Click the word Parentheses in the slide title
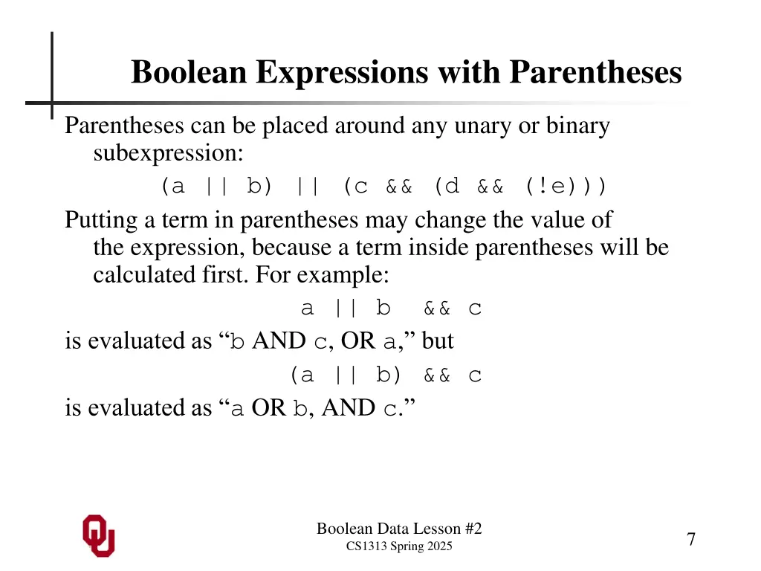pos(595,73)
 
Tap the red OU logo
pos(99,535)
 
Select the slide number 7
pos(691,540)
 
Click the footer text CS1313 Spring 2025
pos(399,546)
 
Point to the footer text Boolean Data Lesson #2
pos(399,529)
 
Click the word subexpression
pos(168,154)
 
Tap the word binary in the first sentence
pos(578,126)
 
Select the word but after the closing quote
pos(438,341)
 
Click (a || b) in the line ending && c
pos(346,375)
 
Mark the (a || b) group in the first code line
pos(216,186)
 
